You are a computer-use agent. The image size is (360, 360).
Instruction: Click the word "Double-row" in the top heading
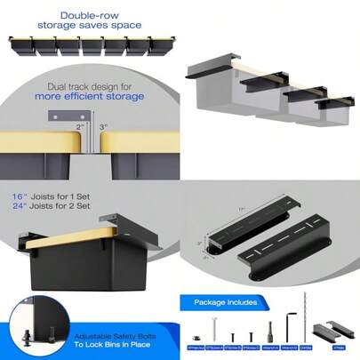tap(85, 15)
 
